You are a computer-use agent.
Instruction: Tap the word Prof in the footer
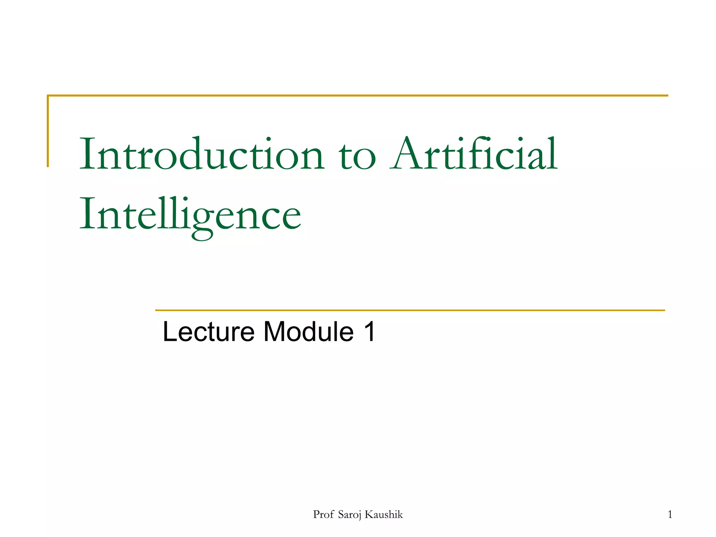point(323,515)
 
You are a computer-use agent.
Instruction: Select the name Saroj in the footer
point(350,515)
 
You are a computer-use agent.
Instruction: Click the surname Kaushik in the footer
point(384,515)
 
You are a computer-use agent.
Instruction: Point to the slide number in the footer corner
point(670,515)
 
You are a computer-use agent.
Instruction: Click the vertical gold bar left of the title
point(48,131)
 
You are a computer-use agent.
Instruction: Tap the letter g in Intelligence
point(202,220)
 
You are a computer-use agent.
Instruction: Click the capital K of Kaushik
point(369,515)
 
